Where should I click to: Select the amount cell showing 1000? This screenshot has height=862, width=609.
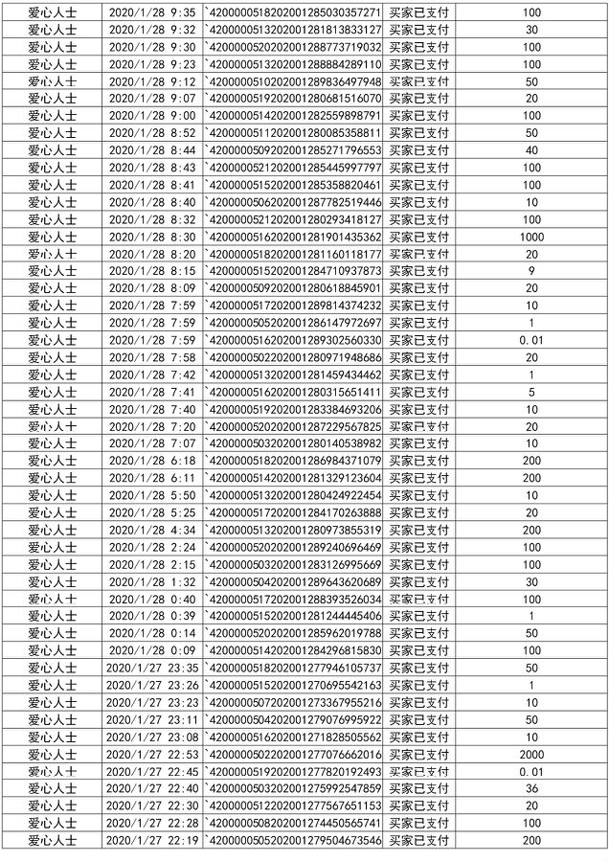click(x=531, y=237)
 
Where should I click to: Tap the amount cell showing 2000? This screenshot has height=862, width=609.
click(x=531, y=754)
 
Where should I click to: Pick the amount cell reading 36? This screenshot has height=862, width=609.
click(x=531, y=788)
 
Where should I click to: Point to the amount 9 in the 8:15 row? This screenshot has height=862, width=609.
click(x=531, y=271)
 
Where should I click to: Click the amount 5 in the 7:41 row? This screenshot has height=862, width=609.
click(x=531, y=392)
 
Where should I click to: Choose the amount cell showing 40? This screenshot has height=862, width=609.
click(x=531, y=150)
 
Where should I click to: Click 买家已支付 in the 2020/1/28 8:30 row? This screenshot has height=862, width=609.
click(x=425, y=237)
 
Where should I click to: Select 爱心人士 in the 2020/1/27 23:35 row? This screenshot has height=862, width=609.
click(x=46, y=668)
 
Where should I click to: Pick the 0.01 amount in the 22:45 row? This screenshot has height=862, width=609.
click(x=531, y=771)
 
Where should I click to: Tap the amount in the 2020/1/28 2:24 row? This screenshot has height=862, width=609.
click(x=531, y=547)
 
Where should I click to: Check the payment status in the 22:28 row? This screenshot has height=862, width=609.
click(x=425, y=823)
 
